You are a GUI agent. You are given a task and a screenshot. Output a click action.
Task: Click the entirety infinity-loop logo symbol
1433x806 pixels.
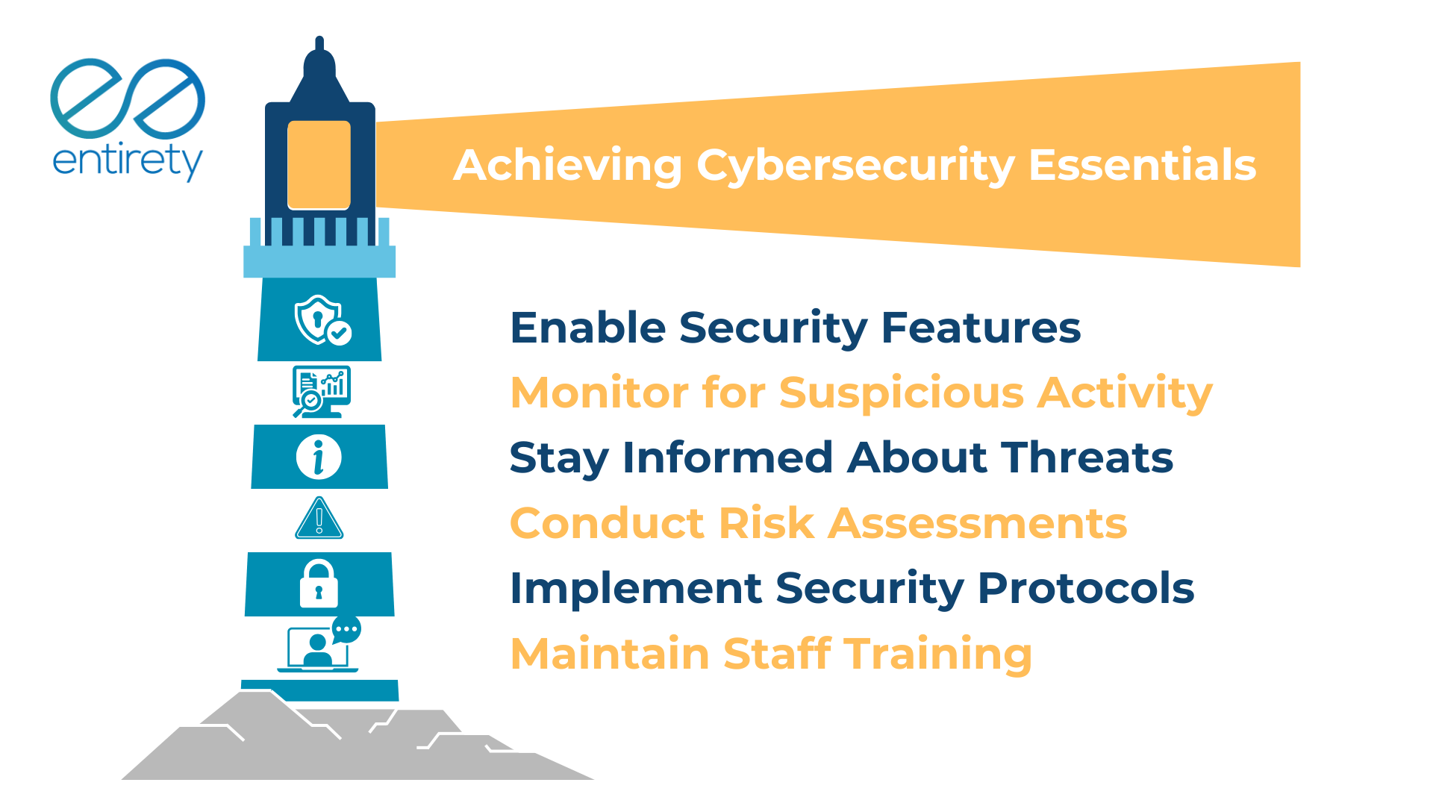128,98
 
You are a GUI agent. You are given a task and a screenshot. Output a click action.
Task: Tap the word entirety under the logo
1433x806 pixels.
128,160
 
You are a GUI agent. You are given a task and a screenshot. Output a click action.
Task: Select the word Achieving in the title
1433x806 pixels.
567,166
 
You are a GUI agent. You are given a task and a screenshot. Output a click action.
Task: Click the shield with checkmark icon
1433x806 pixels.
322,320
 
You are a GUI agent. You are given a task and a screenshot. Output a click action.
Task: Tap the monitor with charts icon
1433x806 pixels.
321,391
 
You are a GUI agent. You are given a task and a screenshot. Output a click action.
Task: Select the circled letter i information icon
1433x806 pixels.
319,457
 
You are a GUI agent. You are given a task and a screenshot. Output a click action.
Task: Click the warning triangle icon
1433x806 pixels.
319,519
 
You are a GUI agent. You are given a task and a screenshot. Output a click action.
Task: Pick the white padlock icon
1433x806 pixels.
319,584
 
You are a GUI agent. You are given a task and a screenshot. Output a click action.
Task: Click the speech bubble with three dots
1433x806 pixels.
346,629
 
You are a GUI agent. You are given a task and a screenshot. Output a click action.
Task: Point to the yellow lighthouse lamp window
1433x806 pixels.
319,165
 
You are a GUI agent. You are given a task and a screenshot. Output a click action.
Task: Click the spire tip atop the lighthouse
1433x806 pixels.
319,42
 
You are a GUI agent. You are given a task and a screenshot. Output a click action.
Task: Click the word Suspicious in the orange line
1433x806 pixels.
902,393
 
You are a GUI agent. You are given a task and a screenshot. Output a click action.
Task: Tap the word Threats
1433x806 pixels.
1087,457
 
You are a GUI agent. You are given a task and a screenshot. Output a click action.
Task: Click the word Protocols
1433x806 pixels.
1086,589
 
